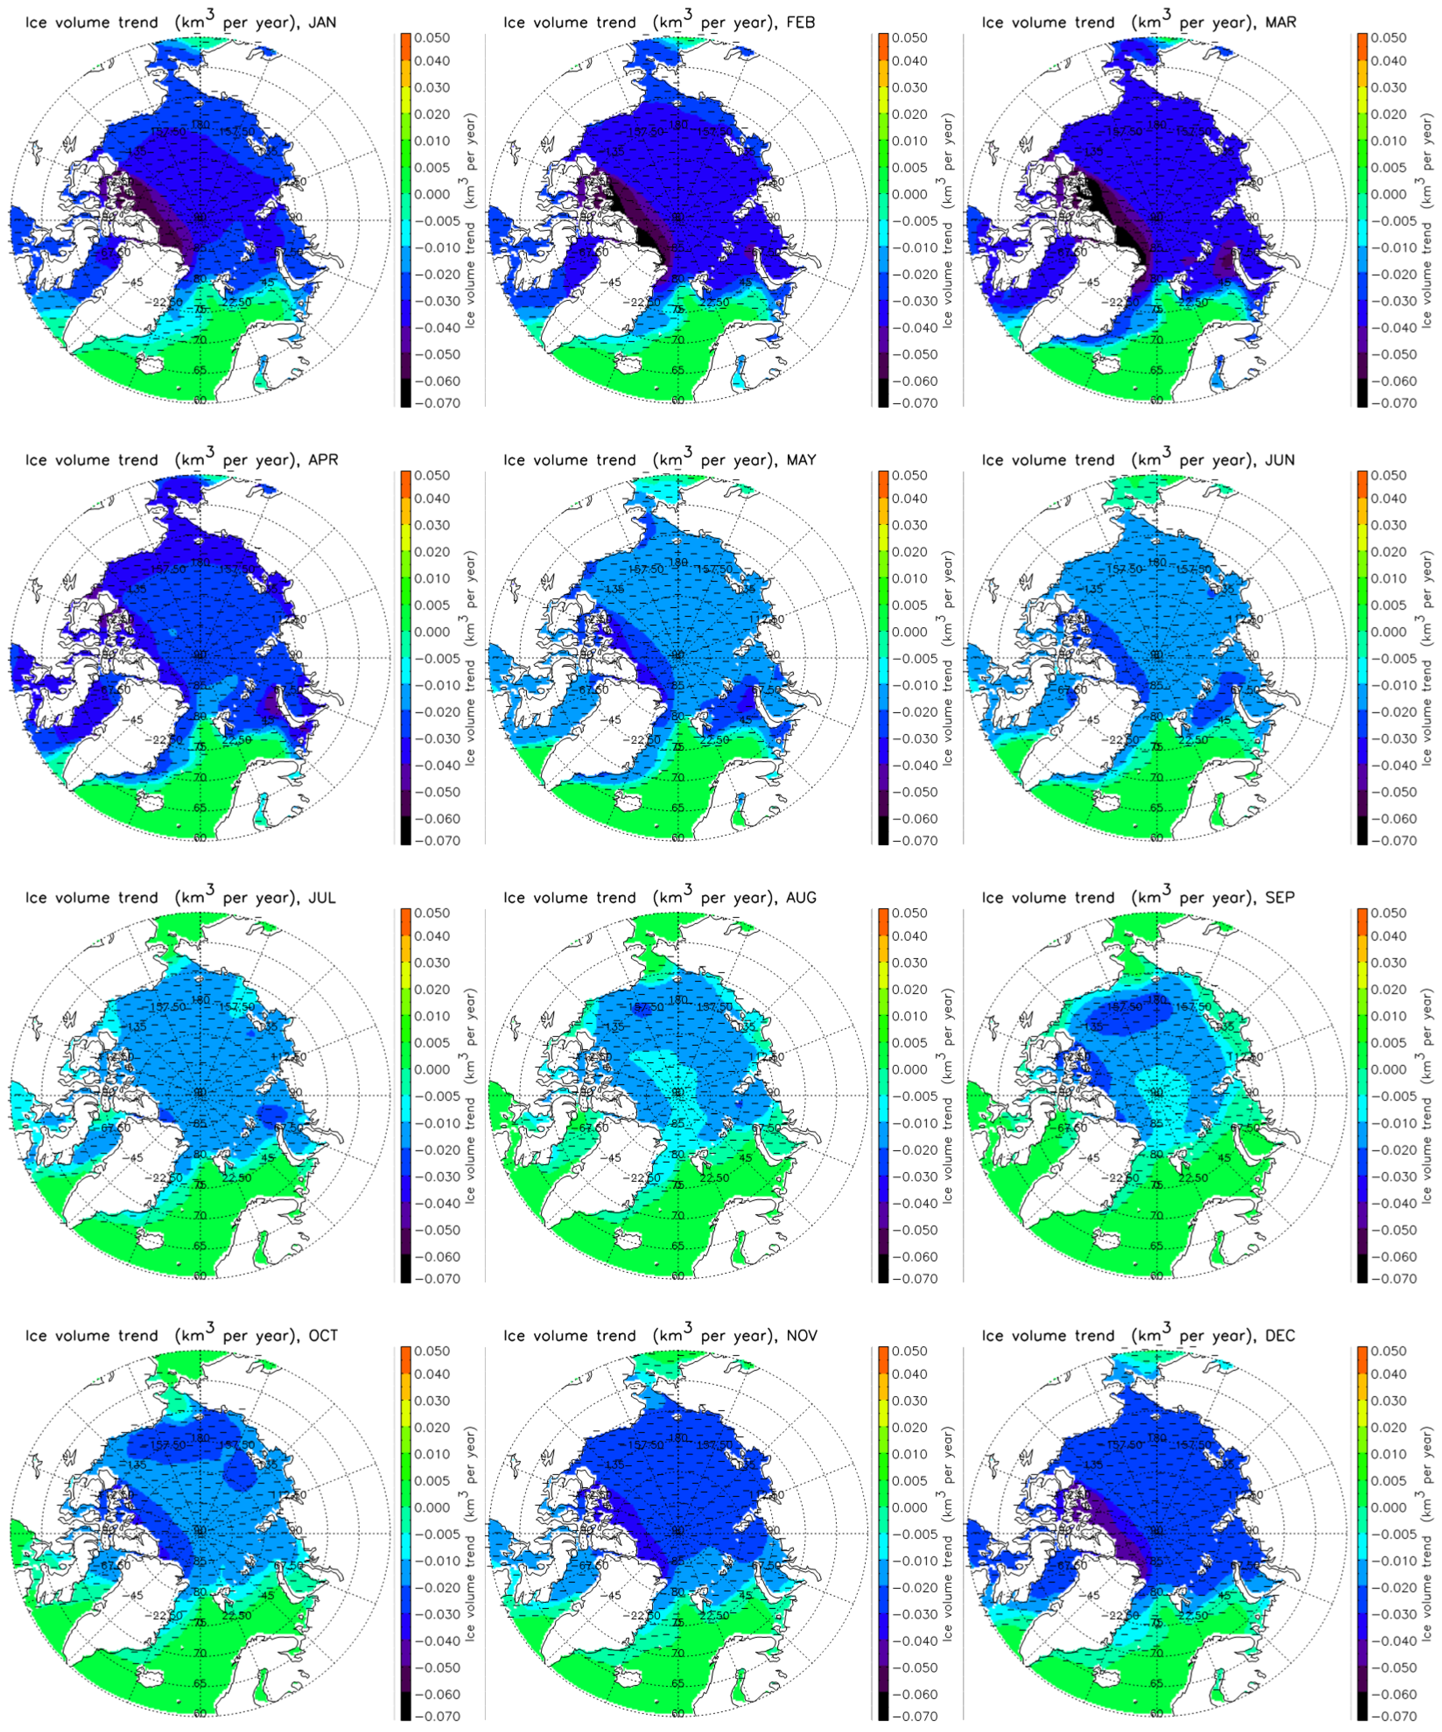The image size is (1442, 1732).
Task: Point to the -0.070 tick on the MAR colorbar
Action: (1390, 403)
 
